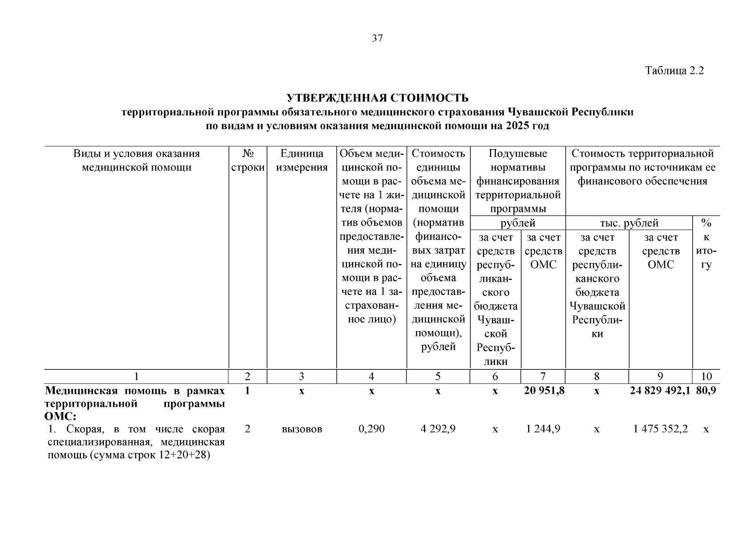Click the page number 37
coord(377,39)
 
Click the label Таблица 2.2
coord(674,71)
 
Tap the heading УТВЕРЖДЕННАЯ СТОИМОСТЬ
coord(377,98)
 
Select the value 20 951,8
coord(543,391)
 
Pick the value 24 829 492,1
coord(660,391)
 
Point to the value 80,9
coord(706,391)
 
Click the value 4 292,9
coord(438,429)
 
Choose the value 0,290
coord(371,429)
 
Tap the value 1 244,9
coord(543,429)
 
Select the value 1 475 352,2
coord(660,429)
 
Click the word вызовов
coord(302,429)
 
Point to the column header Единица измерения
coord(302,161)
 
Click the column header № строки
coord(248,161)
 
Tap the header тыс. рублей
coord(629,223)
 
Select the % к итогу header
coord(706,243)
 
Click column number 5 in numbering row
coord(438,377)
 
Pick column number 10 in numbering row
coord(706,377)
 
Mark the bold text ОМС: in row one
coord(61,417)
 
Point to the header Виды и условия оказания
coord(137,154)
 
